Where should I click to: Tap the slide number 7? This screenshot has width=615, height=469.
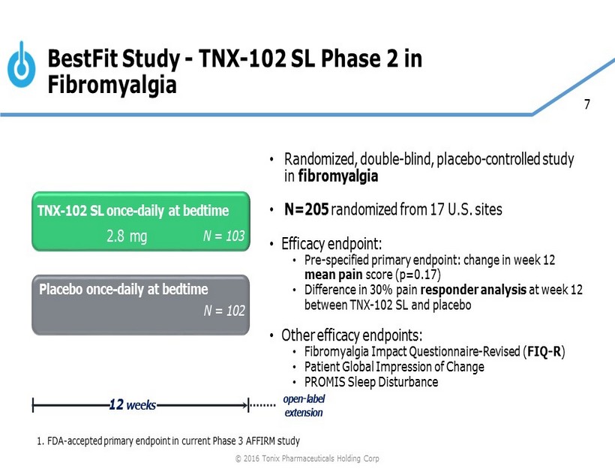click(586, 104)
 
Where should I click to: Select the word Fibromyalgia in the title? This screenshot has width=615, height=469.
click(112, 84)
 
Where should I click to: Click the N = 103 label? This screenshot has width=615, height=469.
click(223, 236)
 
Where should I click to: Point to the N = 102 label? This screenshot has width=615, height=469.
click(224, 311)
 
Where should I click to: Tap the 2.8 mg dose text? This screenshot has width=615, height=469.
click(127, 236)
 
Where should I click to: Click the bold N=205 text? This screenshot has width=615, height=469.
click(306, 209)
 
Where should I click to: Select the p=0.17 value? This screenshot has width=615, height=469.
click(418, 275)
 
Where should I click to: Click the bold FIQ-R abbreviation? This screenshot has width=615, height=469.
click(544, 351)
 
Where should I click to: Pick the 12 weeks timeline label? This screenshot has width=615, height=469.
click(132, 404)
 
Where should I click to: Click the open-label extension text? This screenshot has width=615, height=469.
click(304, 406)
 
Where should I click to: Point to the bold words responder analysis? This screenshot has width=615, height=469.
click(473, 290)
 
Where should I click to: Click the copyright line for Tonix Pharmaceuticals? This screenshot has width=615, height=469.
click(307, 458)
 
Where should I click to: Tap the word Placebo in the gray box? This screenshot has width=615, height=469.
click(61, 289)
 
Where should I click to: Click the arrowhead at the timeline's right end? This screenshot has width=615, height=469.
click(245, 405)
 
